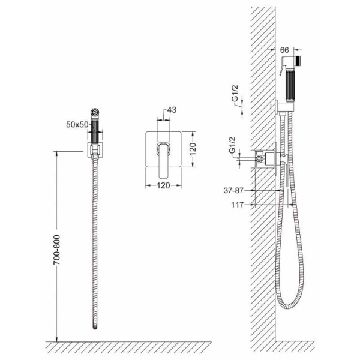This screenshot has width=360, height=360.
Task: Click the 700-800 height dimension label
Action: pyautogui.click(x=57, y=250)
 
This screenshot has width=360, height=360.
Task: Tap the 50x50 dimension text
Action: pyautogui.click(x=77, y=124)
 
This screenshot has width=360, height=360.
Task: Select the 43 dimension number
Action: pyautogui.click(x=172, y=110)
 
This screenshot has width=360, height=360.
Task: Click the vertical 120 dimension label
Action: pyautogui.click(x=193, y=149)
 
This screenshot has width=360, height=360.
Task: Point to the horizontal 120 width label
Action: pyautogui.click(x=163, y=185)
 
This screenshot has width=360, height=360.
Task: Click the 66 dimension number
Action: pyautogui.click(x=284, y=50)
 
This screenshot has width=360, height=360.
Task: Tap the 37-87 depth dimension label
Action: pyautogui.click(x=233, y=190)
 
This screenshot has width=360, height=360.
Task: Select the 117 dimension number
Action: pyautogui.click(x=238, y=205)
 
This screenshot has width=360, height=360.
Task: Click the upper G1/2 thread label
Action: pyautogui.click(x=235, y=93)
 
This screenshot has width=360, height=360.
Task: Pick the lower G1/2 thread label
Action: pyautogui.click(x=232, y=145)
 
